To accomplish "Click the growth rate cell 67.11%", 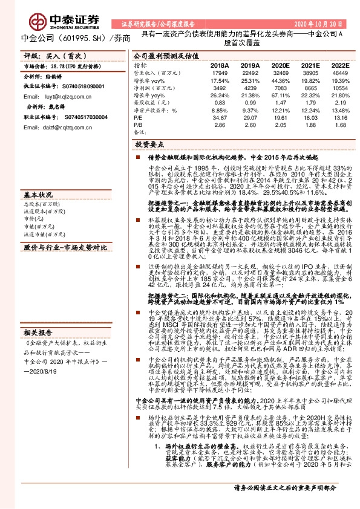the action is tap(280, 95).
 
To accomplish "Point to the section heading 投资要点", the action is tap(151, 145).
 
